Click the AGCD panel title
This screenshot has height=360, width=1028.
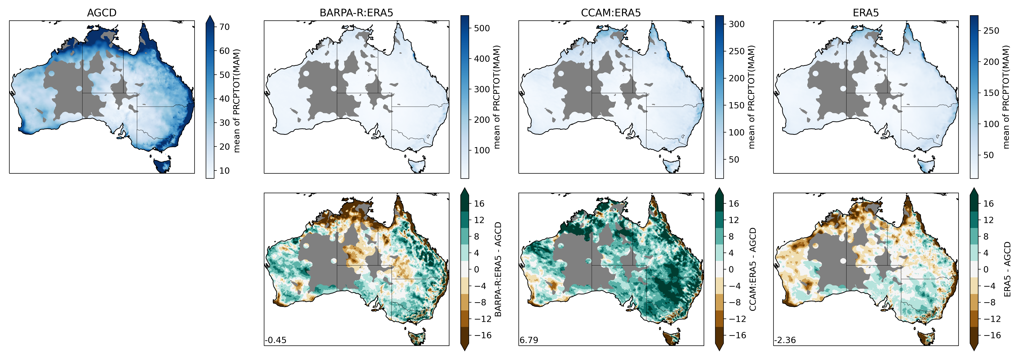[102, 13]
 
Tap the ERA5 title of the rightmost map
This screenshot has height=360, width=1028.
[866, 13]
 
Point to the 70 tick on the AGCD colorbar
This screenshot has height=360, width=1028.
[224, 27]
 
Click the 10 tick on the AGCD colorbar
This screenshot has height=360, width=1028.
[224, 170]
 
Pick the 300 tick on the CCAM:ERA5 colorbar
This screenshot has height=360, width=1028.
[736, 24]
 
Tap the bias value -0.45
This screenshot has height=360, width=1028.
[275, 340]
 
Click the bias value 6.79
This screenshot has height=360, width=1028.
[529, 340]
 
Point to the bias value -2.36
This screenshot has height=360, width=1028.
[785, 340]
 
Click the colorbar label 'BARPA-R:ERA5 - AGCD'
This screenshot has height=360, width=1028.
[498, 269]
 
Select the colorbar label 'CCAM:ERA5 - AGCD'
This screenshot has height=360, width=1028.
[753, 269]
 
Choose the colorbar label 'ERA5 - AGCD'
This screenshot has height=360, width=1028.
[1007, 269]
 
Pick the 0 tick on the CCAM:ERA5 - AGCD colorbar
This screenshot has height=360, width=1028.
[731, 269]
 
